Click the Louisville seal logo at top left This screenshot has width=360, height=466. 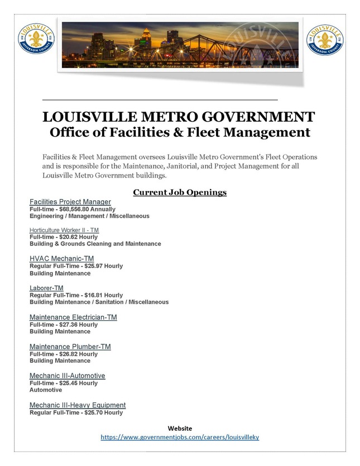click(36, 40)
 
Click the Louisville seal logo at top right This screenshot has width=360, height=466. click(325, 40)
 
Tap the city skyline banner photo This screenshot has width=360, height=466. click(180, 45)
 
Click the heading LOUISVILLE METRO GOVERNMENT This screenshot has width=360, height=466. click(179, 117)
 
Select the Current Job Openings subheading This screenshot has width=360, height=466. click(180, 193)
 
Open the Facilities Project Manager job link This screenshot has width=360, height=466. click(70, 201)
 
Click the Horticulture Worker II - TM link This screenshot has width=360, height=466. click(64, 230)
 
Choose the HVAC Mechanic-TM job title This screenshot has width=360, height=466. click(61, 258)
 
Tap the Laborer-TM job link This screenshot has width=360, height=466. click(46, 288)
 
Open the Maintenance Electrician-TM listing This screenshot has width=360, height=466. click(73, 317)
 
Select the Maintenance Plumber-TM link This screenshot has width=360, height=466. click(70, 347)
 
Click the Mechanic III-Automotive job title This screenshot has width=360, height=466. click(67, 376)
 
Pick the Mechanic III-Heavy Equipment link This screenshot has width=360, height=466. click(78, 405)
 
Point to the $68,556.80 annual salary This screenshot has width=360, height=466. click(74, 209)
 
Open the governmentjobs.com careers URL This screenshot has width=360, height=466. click(180, 438)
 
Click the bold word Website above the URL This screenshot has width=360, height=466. click(180, 429)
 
